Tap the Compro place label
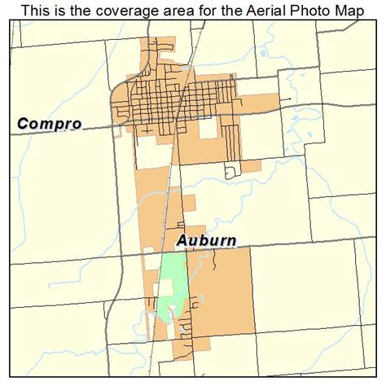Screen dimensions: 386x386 48,124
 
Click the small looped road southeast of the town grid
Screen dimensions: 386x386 230,169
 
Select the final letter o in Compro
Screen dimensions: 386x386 76,125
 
